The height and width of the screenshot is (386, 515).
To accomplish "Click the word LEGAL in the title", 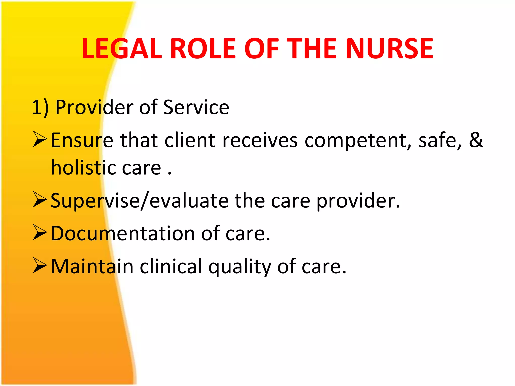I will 122,49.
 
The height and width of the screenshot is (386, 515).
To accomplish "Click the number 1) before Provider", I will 40,107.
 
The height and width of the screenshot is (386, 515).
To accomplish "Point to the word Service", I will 196,107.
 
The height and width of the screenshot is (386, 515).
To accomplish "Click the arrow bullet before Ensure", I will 40,140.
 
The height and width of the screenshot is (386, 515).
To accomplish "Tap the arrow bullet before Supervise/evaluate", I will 40,200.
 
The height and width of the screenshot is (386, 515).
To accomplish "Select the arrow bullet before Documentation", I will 40,233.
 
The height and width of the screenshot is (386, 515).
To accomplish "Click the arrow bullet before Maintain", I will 40,266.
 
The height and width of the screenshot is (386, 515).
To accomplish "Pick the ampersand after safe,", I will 476,140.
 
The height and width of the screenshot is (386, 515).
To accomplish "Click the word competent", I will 358,140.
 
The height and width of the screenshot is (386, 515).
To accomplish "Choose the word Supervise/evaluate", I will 140,201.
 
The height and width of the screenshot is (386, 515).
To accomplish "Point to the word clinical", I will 171,266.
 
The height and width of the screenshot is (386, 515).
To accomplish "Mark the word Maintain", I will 92,266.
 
